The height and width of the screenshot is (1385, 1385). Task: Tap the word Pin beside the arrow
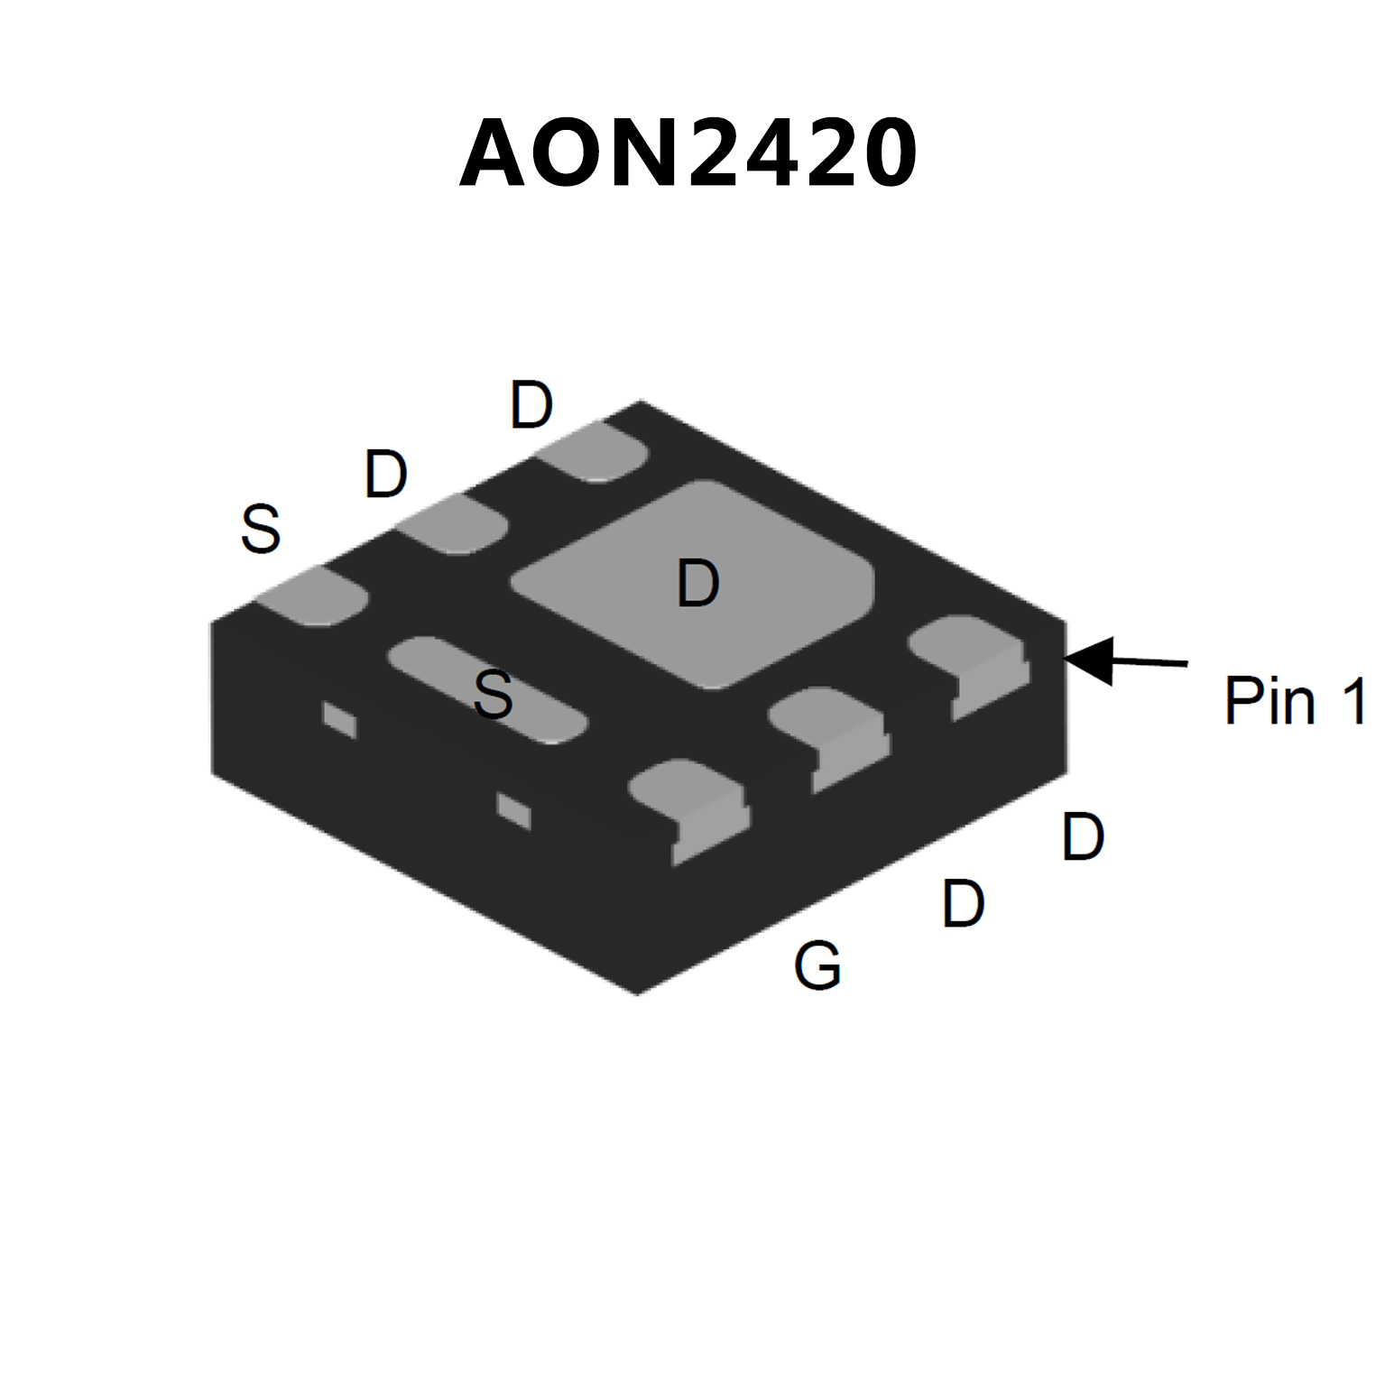click(1269, 701)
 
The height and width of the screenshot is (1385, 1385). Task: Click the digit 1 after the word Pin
click(1353, 701)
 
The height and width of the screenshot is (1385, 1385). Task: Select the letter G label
click(817, 965)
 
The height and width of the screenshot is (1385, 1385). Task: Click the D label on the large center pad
click(698, 583)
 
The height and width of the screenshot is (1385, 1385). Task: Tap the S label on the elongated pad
click(494, 694)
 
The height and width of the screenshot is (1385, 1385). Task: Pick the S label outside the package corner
click(261, 529)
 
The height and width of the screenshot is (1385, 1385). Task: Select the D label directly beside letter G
click(963, 903)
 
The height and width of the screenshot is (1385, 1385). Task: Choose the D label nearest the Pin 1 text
click(1083, 836)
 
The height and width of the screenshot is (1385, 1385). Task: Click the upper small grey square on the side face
click(340, 720)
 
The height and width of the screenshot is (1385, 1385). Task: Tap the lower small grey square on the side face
click(513, 810)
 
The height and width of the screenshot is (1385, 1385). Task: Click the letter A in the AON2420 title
click(492, 153)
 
